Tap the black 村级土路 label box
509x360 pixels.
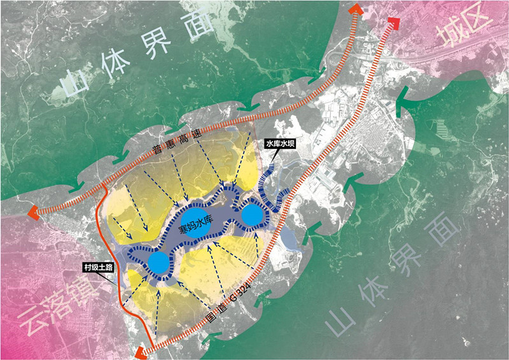pos(99,268)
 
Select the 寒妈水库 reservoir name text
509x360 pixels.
pos(193,227)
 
